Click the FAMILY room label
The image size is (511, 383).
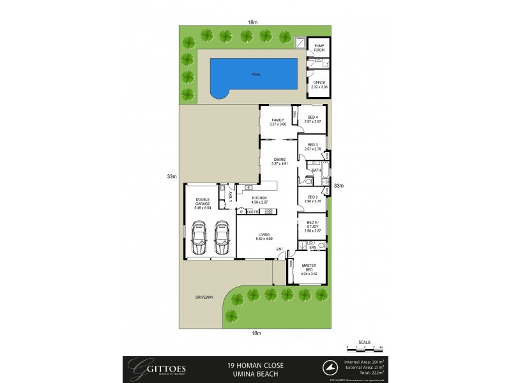277,121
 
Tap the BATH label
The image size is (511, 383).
316,171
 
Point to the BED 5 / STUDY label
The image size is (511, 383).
312,223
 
